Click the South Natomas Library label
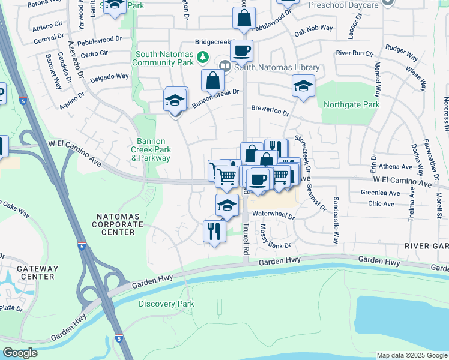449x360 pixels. click(277, 67)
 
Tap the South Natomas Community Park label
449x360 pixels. click(163, 58)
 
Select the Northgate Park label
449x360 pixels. click(351, 104)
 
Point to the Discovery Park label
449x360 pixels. click(166, 304)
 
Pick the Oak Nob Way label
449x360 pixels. click(313, 28)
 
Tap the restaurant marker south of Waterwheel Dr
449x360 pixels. click(214, 230)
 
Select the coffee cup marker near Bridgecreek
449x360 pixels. click(241, 50)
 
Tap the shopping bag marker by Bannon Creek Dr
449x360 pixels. click(212, 80)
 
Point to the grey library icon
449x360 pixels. click(226, 66)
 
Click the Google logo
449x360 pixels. click(20, 353)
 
